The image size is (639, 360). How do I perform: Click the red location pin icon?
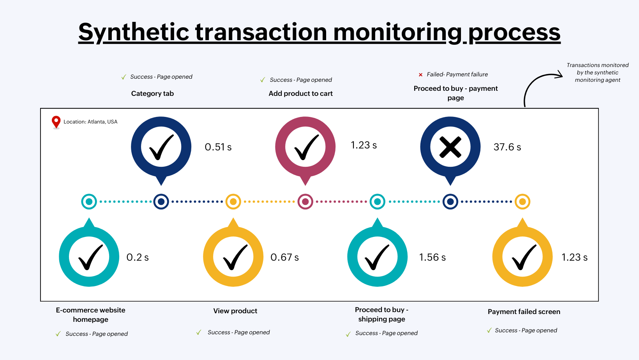pos(56,122)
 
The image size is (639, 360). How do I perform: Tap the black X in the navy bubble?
pos(450,147)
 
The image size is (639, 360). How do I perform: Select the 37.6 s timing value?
pos(507,147)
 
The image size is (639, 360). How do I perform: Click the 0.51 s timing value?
pos(218,147)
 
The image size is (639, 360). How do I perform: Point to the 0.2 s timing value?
pos(138,257)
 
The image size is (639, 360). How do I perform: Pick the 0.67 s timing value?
pos(284,257)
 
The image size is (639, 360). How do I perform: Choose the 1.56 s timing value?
pos(432,257)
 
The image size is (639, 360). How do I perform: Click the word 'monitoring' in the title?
pos(397,32)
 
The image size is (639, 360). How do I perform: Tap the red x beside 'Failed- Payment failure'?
pos(420,74)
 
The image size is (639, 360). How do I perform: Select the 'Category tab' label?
pos(152,94)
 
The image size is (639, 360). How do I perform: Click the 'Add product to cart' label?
pos(300,94)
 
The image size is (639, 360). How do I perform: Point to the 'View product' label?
pos(235,311)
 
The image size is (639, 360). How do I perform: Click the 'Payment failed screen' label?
pos(524,312)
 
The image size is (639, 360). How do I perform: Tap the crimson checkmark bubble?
pos(305,147)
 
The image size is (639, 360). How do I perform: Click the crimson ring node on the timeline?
pos(305,201)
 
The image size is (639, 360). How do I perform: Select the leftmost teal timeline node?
pos(89,201)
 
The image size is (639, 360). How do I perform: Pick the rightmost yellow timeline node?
pos(522,201)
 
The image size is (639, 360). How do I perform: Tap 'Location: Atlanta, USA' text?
pos(90,122)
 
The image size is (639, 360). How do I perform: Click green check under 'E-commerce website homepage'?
pos(58,334)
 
